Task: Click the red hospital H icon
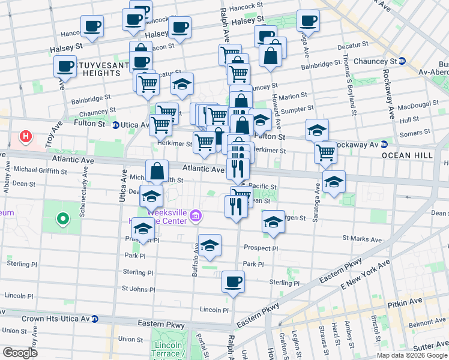click(x=25, y=137)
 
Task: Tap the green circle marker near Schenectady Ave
click(x=61, y=219)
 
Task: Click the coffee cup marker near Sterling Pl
click(x=233, y=281)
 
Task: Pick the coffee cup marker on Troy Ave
click(x=65, y=67)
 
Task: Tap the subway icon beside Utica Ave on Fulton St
click(x=115, y=125)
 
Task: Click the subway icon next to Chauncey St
click(x=403, y=61)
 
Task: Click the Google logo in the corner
click(x=20, y=352)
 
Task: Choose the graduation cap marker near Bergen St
click(x=273, y=221)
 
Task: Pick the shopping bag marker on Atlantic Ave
click(x=157, y=171)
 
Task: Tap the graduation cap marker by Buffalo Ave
click(x=209, y=245)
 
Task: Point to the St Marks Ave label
click(x=362, y=239)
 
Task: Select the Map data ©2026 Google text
click(x=411, y=355)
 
